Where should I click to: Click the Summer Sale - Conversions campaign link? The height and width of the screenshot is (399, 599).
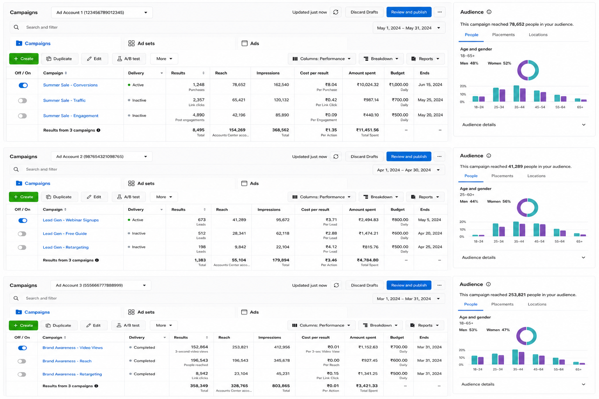pos(70,85)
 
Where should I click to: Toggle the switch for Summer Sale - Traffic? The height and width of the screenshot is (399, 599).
pos(23,101)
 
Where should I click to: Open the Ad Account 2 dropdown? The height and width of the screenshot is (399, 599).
pos(102,156)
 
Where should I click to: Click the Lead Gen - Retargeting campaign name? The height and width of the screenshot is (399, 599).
pos(66,247)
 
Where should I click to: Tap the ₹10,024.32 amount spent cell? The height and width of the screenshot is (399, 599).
pos(368,85)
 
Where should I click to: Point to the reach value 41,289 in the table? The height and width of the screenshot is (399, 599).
pos(239,220)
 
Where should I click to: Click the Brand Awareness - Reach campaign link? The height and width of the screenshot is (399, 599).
pos(67,361)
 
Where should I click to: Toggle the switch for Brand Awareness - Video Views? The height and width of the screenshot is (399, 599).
pos(23,348)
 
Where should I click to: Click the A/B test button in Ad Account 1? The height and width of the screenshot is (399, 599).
pos(129,59)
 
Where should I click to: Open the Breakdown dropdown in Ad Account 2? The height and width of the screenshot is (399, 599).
pos(381,197)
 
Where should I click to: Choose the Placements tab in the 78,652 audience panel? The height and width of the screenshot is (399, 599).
pos(503,35)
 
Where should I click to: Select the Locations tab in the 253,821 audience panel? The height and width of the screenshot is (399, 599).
pos(537,304)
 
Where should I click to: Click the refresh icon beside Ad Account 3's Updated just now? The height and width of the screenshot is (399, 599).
pos(336,285)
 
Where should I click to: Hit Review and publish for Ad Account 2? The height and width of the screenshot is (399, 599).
pos(409,156)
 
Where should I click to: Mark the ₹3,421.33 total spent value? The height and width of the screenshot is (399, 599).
pos(367,386)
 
